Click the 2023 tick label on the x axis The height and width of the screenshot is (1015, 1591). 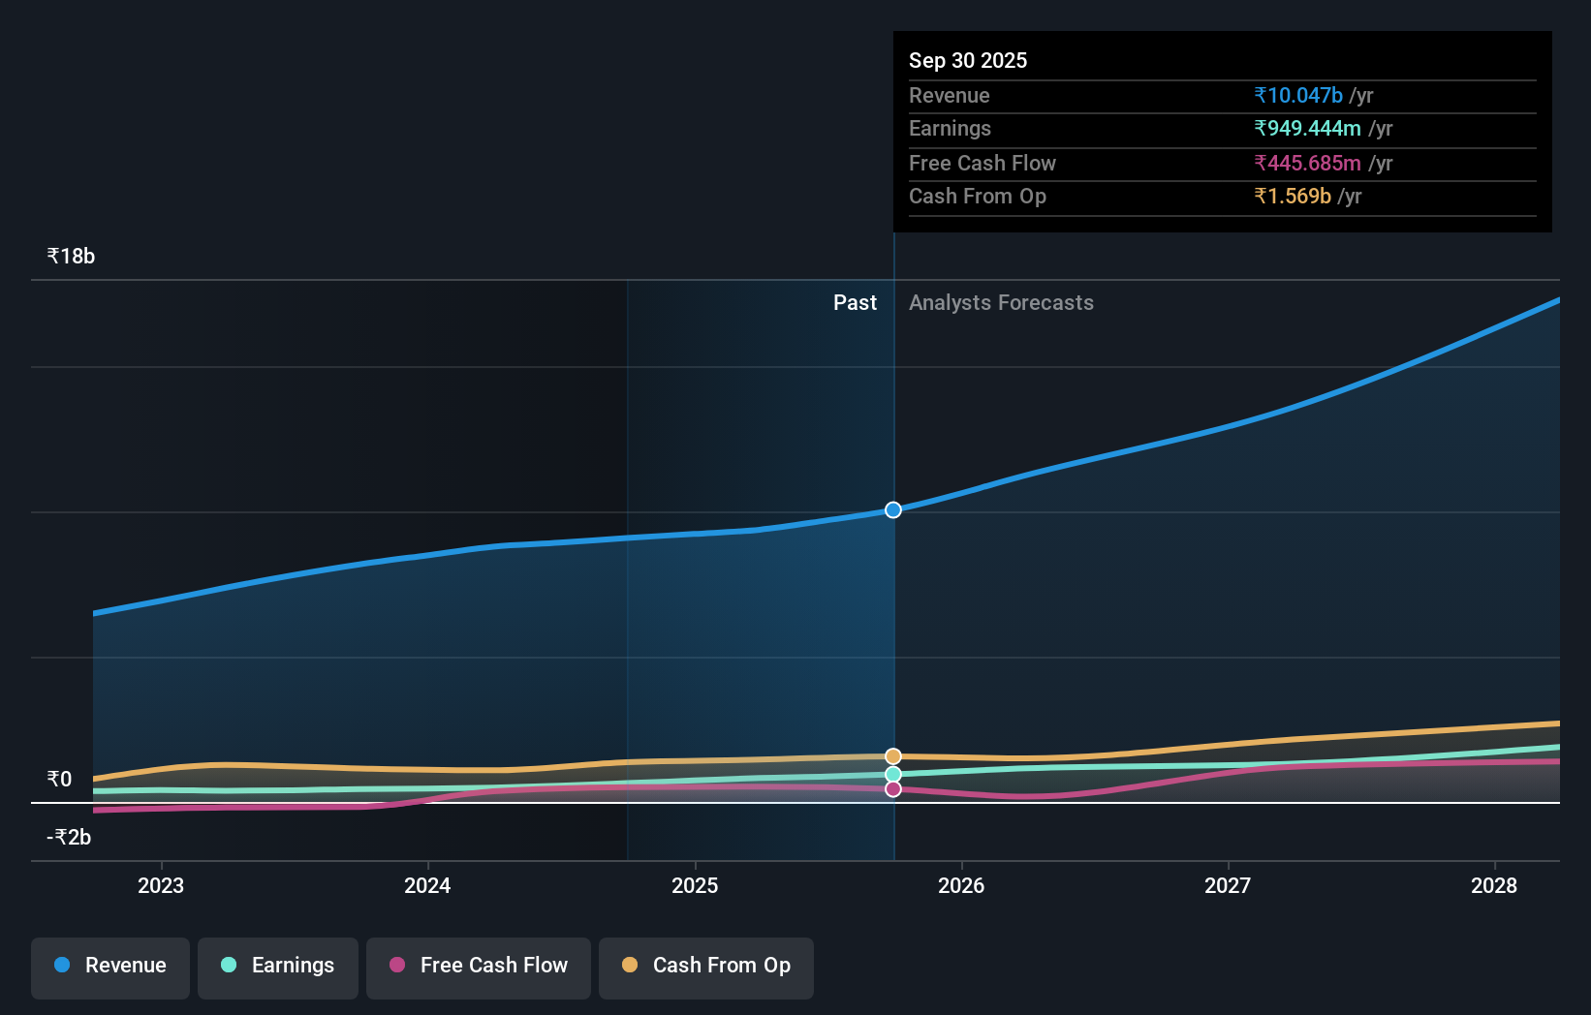point(161,886)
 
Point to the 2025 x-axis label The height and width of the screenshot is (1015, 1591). point(695,886)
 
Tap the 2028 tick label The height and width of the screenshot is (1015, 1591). point(1493,886)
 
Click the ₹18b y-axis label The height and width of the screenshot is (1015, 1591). point(72,257)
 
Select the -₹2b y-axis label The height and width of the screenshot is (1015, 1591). point(69,838)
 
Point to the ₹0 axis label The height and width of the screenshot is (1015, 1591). point(60,780)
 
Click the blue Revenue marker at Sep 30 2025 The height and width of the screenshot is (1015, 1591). point(893,509)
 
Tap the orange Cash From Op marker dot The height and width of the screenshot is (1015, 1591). point(893,756)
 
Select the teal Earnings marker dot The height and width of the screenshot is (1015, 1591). point(893,775)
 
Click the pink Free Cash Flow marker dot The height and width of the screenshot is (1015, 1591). point(893,789)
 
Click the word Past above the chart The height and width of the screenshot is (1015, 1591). point(855,303)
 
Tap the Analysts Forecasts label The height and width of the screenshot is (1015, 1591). point(1001,303)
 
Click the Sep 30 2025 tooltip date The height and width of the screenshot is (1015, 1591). point(968,61)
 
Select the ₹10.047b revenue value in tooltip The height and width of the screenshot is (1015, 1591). point(1297,96)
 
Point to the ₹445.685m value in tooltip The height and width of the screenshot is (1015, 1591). point(1307,164)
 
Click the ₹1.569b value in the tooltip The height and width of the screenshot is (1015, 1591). point(1292,197)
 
